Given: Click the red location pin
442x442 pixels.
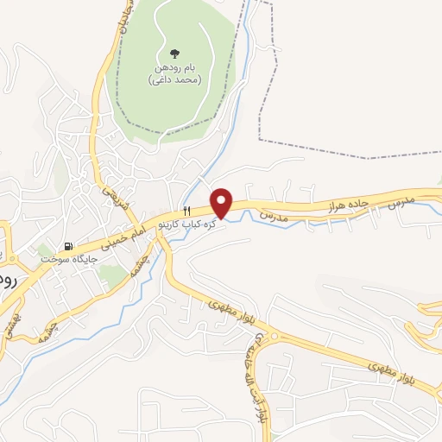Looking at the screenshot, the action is pyautogui.click(x=222, y=202).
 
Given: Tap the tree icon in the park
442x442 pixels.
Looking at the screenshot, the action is pyautogui.click(x=175, y=54).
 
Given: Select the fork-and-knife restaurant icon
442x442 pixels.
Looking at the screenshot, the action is pyautogui.click(x=185, y=212).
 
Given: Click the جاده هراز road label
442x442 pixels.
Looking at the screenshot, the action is pyautogui.click(x=348, y=205).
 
